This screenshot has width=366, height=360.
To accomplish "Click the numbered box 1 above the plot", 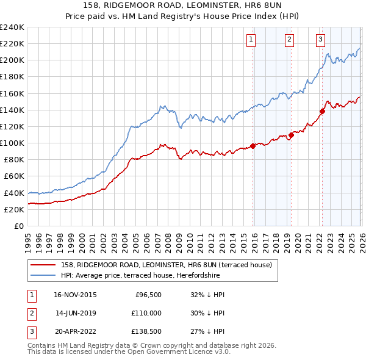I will coord(251,40).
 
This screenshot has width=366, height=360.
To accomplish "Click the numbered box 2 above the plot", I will coord(289,40).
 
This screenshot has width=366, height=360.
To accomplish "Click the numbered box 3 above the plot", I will coord(320,40).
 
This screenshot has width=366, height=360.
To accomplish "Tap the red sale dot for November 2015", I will coord(253,146).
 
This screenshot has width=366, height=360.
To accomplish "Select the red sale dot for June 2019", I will coord(291,135).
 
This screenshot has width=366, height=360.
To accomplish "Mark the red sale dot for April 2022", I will coord(322,111).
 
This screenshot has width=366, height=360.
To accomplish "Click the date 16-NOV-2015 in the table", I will coord(76,294).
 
